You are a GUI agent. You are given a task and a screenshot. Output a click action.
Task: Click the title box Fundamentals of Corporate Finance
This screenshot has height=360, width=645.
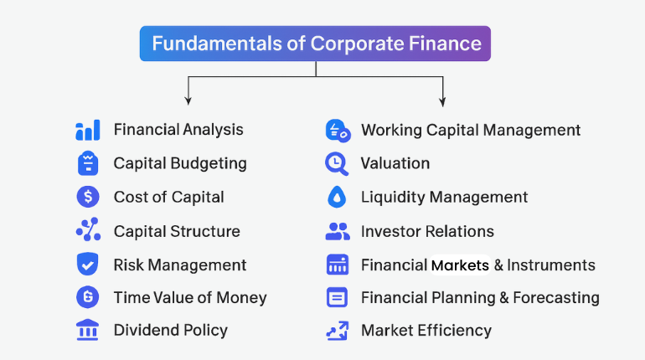point(316,43)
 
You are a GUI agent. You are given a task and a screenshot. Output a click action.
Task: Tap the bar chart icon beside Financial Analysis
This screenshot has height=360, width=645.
point(87,130)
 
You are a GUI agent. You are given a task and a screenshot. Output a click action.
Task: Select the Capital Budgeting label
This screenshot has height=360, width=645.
point(180,163)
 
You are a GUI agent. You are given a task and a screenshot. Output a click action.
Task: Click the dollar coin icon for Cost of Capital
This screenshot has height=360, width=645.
point(87,197)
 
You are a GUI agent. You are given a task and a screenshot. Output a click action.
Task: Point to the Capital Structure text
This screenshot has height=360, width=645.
point(177,231)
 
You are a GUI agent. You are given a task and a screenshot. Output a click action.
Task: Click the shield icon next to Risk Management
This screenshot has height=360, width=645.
point(87,265)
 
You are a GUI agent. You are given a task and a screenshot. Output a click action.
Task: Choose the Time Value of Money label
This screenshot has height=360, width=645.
point(190,297)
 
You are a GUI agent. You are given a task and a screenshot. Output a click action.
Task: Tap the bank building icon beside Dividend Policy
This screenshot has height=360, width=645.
point(87,330)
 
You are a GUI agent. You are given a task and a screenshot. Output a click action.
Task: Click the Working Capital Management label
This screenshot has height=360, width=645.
point(471,130)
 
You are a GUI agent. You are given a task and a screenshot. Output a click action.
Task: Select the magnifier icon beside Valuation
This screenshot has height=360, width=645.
point(337,163)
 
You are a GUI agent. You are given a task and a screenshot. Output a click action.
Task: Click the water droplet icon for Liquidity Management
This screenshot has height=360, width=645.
point(337,198)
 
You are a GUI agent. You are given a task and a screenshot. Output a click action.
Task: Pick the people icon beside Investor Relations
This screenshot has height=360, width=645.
point(337,231)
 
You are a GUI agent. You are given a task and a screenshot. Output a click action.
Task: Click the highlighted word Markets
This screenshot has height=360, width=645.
point(460,265)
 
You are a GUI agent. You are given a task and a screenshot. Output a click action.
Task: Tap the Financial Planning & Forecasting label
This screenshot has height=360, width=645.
point(480,297)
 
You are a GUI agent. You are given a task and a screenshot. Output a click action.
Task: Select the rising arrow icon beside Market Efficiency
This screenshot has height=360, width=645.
point(337,330)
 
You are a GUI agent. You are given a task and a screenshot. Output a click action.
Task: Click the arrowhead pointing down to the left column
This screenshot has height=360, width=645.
point(188,100)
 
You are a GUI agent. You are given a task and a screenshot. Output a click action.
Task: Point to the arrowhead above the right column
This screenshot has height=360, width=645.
point(443,100)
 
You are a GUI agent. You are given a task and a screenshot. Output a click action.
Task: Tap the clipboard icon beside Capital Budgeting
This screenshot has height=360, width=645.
point(87,163)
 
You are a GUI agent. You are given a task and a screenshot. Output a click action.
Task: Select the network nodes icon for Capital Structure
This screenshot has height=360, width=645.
point(87,230)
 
